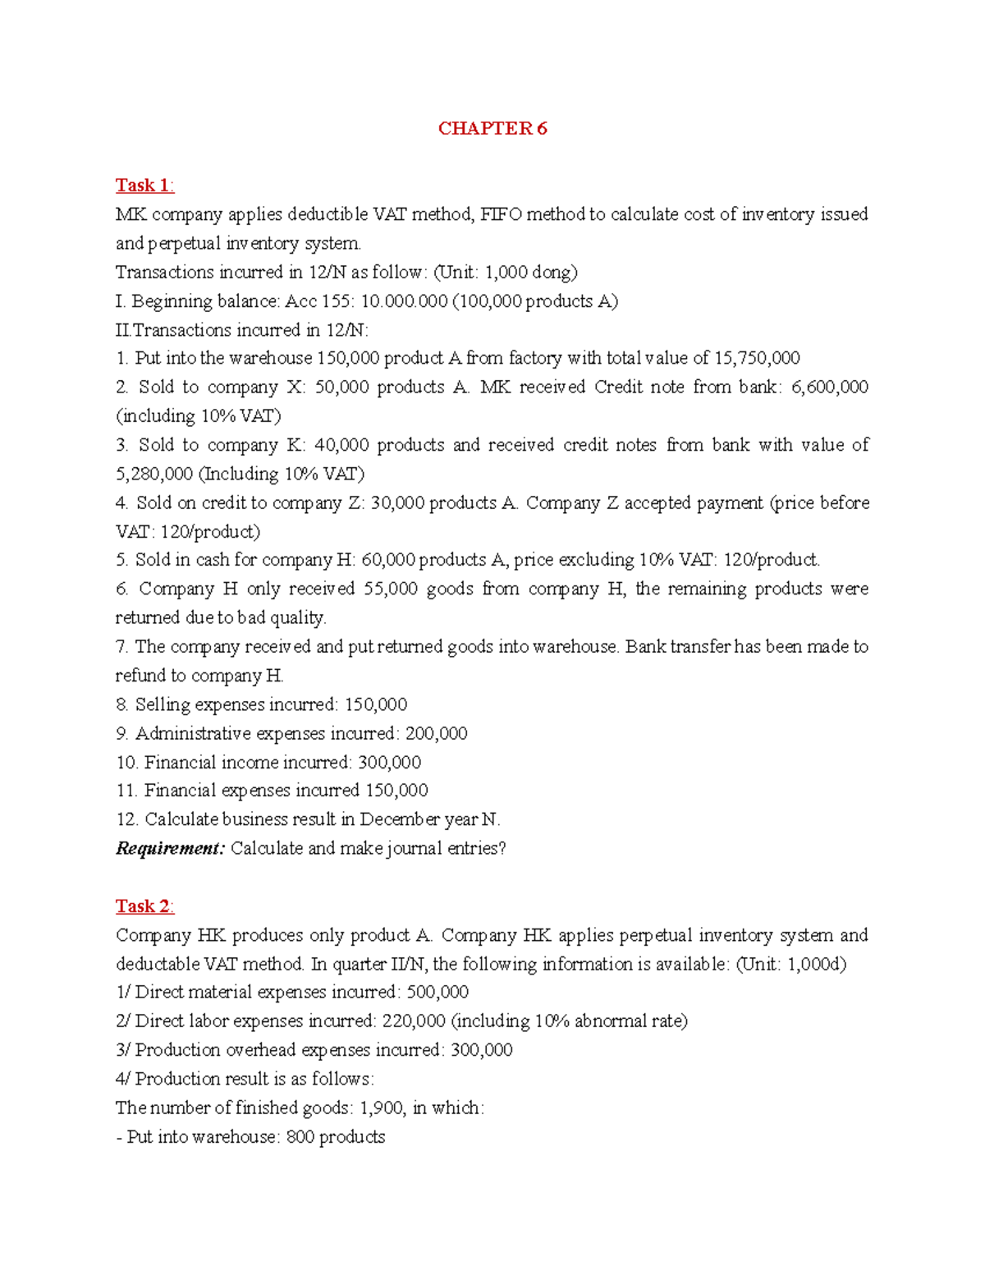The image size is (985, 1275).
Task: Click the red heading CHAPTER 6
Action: tap(492, 128)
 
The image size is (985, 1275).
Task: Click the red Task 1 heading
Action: tap(144, 186)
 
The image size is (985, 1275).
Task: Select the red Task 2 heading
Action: tap(144, 906)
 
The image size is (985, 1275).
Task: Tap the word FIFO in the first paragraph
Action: tap(501, 214)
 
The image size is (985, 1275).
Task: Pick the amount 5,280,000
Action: tap(154, 474)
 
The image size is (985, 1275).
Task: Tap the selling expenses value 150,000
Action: tap(376, 704)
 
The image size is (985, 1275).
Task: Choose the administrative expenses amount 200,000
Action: tap(436, 733)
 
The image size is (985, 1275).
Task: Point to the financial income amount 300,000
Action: tap(390, 762)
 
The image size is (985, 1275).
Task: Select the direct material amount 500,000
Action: tap(438, 992)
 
